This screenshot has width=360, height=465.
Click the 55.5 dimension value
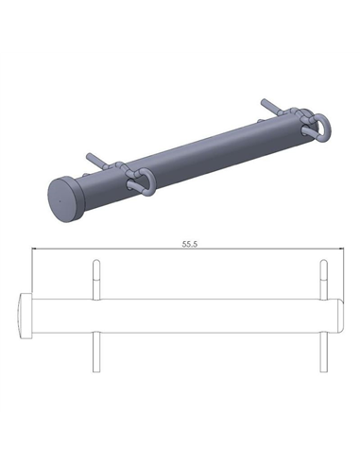click(190, 245)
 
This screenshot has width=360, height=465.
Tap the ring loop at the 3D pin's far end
click(320, 124)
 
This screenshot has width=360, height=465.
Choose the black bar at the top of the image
click(180, 26)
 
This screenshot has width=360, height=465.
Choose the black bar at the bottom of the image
click(180, 439)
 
